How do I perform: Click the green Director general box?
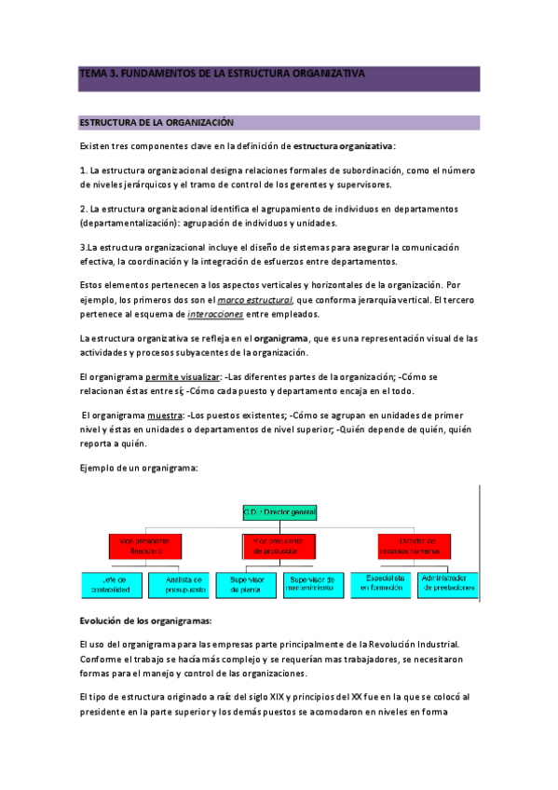(280, 512)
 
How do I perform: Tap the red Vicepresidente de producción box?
(280, 544)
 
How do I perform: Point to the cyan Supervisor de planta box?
(247, 583)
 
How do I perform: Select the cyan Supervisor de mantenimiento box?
(314, 583)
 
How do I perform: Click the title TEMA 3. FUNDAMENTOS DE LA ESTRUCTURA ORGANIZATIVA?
(222, 73)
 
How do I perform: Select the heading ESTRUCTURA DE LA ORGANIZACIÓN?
(156, 123)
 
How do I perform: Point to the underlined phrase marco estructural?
(254, 300)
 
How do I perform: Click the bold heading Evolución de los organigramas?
(145, 620)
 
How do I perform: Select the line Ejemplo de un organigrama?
(139, 468)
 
